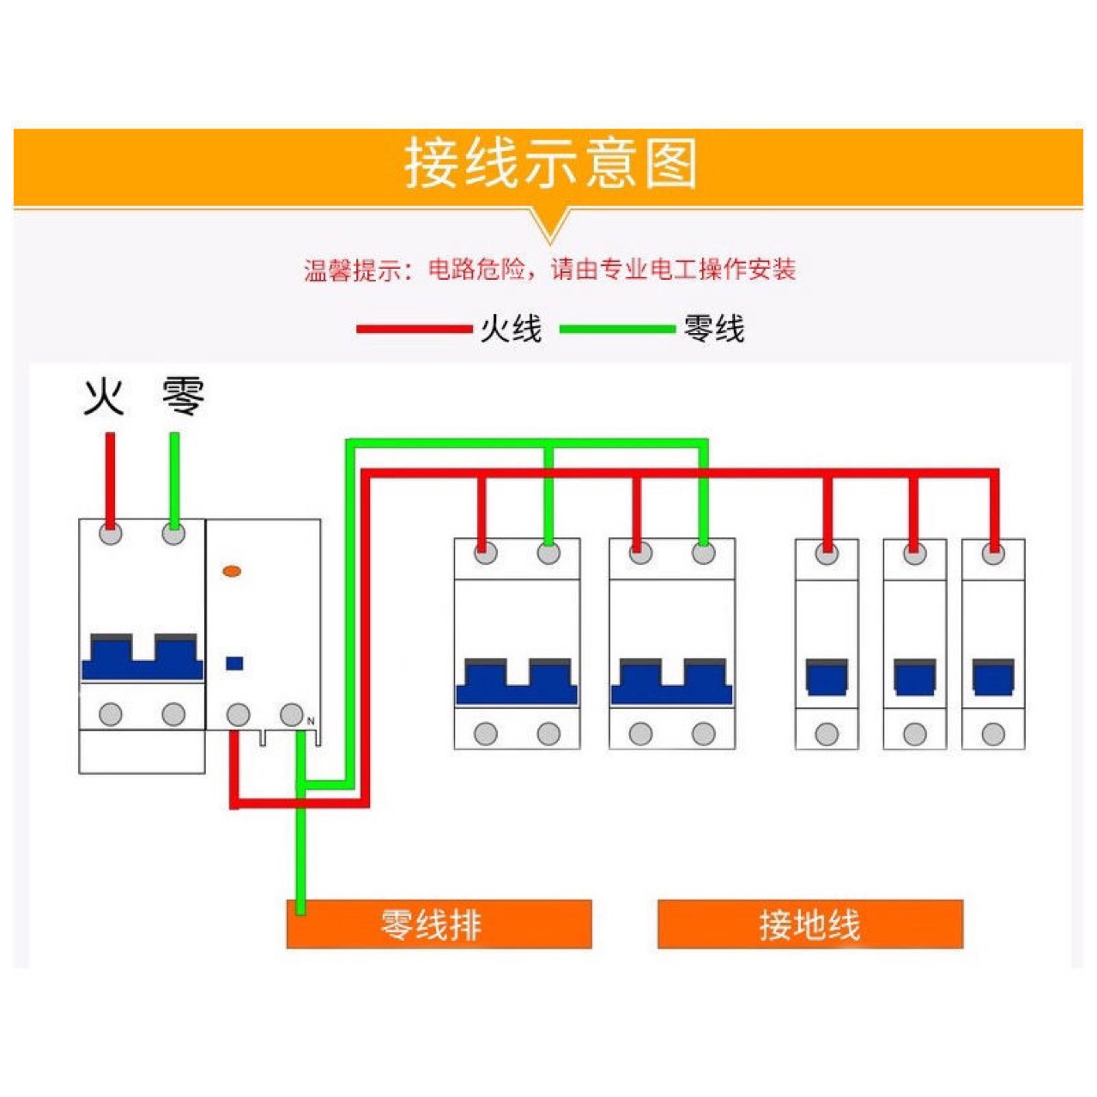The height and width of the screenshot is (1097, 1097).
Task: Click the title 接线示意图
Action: point(549,164)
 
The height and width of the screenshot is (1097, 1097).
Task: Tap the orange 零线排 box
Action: point(439,924)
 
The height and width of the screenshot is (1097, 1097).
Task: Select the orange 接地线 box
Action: point(809,924)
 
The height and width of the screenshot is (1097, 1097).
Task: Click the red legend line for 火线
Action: point(414,329)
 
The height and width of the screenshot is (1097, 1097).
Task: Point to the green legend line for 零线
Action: point(616,329)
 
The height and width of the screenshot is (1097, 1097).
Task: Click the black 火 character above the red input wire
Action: point(104,397)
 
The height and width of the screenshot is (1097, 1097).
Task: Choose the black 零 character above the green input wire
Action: point(183,397)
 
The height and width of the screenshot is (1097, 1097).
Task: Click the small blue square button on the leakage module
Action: point(233,663)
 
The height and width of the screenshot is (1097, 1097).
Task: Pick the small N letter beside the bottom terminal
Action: point(311,721)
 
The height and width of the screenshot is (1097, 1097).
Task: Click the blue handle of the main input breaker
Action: point(142,659)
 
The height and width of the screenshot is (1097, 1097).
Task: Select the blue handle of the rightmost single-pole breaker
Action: point(993,677)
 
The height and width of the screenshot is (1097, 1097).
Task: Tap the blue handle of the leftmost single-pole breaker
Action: point(827,677)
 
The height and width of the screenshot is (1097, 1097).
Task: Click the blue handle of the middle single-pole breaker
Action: point(914,677)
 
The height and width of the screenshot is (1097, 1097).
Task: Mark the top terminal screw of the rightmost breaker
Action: point(993,555)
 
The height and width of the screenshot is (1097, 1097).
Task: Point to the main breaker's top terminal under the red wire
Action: point(111,534)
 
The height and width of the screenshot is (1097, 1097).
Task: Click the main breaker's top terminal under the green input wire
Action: point(173,534)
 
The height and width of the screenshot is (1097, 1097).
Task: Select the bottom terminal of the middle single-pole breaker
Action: point(914,734)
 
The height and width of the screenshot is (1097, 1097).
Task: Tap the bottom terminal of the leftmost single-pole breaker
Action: point(827,734)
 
